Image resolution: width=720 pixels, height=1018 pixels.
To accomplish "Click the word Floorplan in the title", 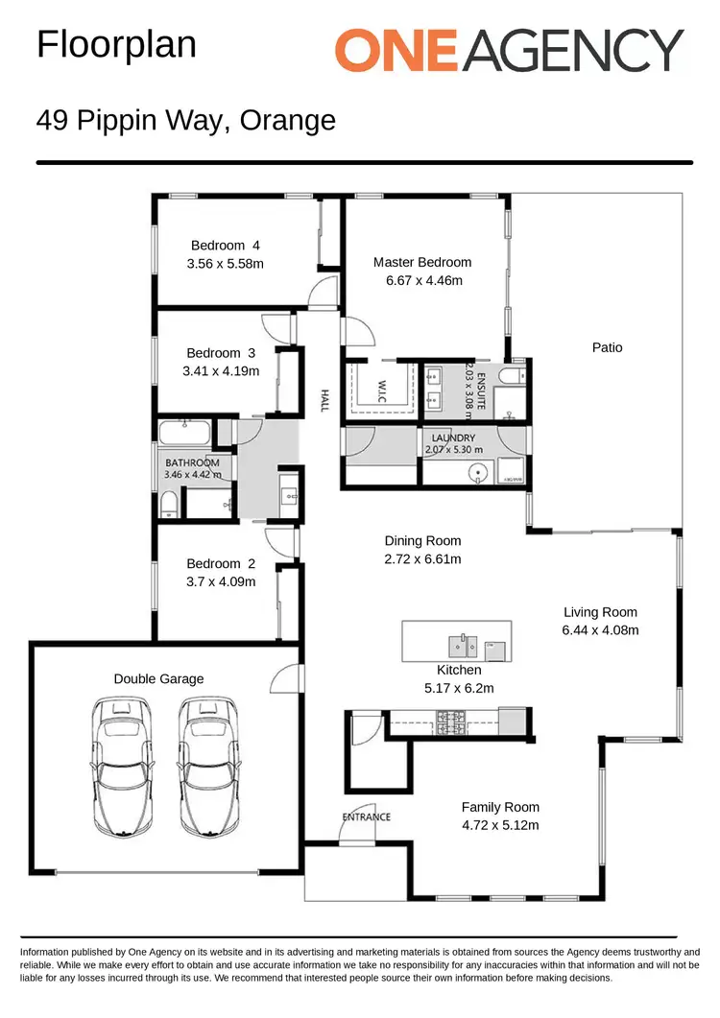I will (116, 44).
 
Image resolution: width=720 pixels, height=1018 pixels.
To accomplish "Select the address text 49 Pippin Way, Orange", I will (186, 121).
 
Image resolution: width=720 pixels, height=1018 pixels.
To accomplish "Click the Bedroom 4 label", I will (226, 245).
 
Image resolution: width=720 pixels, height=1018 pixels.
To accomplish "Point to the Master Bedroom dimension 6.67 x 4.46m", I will (422, 281).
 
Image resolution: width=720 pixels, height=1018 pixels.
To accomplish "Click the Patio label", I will (607, 347).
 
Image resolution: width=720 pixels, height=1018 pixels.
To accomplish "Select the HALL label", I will (325, 401).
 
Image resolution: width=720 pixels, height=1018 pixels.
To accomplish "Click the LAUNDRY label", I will (453, 438).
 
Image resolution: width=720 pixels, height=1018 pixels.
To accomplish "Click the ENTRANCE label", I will (366, 817).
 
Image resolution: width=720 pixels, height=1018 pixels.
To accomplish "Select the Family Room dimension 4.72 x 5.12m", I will (500, 825).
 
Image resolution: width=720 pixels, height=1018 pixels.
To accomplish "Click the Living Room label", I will (600, 612).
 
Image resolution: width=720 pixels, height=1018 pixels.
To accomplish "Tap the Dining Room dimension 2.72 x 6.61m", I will (422, 559).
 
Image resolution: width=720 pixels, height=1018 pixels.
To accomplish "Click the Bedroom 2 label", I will (221, 563).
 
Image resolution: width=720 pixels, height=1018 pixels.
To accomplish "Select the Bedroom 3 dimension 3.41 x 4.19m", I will (222, 371).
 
